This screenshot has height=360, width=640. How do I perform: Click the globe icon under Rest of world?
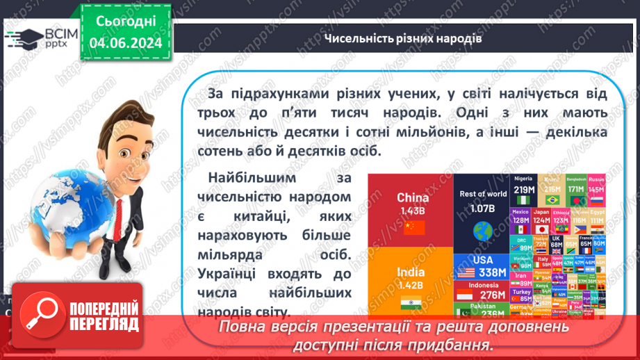pyautogui.click(x=482, y=229)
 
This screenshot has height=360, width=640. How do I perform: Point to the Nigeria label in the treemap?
pyautogui.click(x=523, y=179)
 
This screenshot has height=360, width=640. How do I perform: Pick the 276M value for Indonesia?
pyautogui.click(x=493, y=295)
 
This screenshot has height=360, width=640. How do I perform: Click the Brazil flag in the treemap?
pyautogui.click(x=552, y=200)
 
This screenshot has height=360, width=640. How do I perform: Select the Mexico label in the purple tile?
pyautogui.click(x=520, y=211)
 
